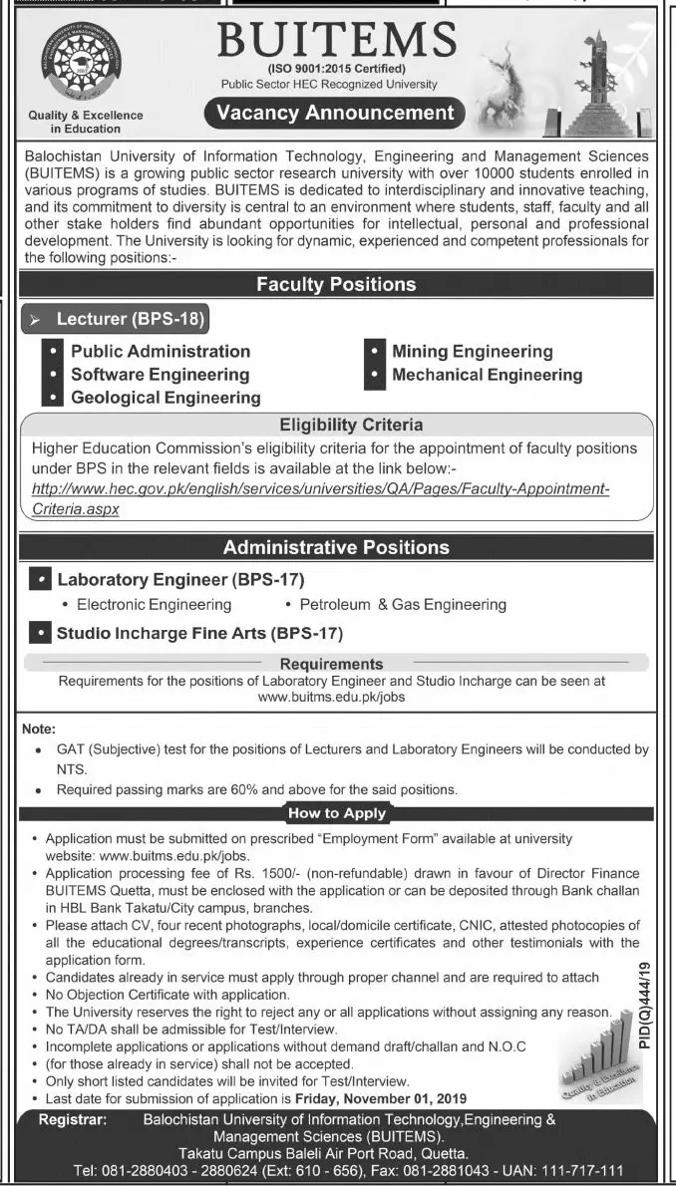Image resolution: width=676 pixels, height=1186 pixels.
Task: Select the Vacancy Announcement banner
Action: point(336,114)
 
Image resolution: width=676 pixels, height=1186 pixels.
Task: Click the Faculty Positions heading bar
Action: point(336,284)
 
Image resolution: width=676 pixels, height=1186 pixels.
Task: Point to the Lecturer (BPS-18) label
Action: point(130,320)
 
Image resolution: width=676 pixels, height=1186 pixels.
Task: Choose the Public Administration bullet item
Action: point(161,351)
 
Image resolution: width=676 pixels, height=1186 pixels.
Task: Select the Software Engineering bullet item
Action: point(160,374)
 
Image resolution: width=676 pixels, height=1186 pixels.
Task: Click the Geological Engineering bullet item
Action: point(166,397)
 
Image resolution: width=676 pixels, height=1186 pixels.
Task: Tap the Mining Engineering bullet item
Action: point(472,351)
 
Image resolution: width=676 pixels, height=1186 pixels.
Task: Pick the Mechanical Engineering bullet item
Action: point(487,375)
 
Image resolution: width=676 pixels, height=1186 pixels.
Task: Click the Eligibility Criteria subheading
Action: point(336,425)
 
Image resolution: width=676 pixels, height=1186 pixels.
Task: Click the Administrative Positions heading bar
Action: point(336,547)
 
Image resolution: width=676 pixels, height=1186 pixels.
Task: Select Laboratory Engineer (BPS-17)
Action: point(180,579)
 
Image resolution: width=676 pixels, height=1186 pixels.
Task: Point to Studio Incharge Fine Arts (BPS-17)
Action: point(199,633)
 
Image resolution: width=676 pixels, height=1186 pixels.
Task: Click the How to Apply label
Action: point(337,813)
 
